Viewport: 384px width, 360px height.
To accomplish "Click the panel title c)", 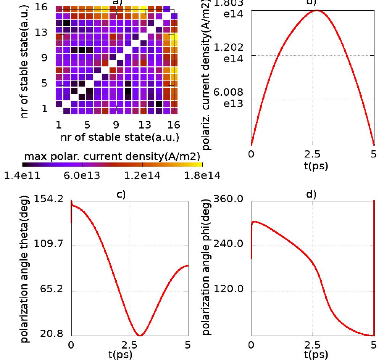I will pyautogui.click(x=121, y=195).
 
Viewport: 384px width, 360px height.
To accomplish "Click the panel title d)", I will pyautogui.click(x=311, y=195).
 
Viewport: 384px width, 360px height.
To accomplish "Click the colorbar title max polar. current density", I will pyautogui.click(x=112, y=156).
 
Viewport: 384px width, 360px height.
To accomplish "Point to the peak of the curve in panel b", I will pyautogui.click(x=317, y=10).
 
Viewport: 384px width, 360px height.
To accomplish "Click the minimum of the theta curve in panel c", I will pyautogui.click(x=140, y=336).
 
